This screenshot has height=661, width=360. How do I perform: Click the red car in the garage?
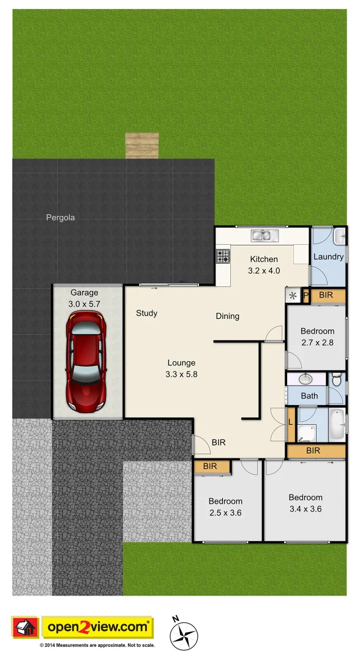click(x=86, y=361)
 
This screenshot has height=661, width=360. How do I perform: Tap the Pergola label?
click(x=61, y=217)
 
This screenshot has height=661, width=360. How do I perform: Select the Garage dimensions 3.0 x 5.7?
click(x=84, y=304)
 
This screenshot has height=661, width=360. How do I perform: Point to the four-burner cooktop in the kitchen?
click(x=223, y=256)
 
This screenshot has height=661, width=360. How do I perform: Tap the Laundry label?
click(x=328, y=256)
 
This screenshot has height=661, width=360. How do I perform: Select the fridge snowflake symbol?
click(x=293, y=296)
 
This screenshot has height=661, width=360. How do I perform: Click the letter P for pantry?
click(x=306, y=296)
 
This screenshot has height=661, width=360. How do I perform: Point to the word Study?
click(x=146, y=313)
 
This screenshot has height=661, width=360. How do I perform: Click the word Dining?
click(x=227, y=316)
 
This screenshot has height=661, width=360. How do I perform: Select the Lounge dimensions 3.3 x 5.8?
click(x=181, y=374)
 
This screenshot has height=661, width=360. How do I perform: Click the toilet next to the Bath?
click(x=337, y=380)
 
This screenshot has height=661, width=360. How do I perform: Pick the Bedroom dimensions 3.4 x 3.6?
click(x=306, y=509)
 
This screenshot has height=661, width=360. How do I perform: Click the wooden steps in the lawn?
click(x=142, y=146)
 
